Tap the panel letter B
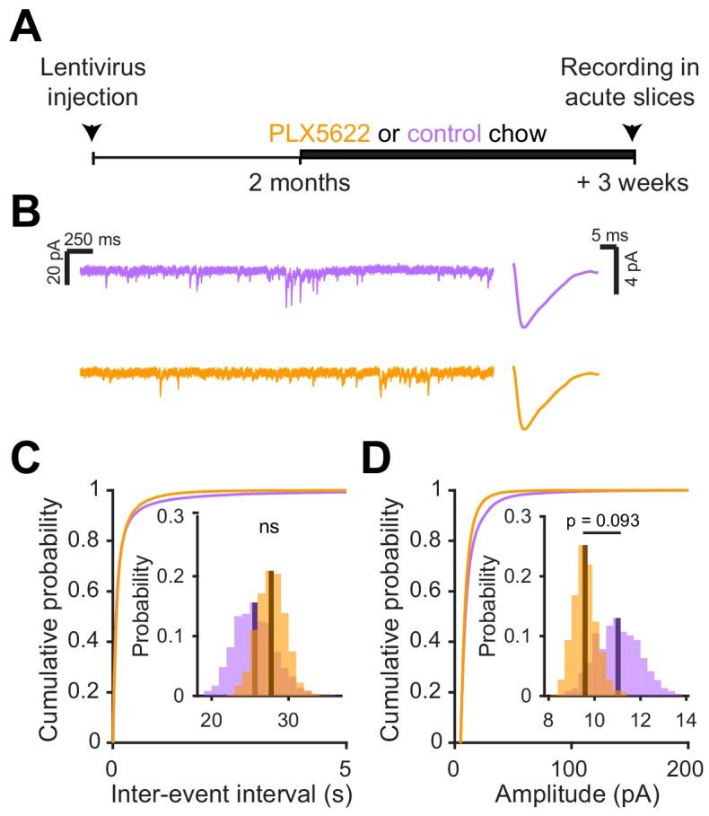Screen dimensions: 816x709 [26, 215]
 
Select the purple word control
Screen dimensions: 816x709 [435, 136]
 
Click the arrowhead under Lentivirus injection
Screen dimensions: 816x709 [93, 133]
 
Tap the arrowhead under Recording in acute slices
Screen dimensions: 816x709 [634, 133]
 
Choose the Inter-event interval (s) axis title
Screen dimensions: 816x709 [228, 795]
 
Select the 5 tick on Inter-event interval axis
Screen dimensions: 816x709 [346, 768]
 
